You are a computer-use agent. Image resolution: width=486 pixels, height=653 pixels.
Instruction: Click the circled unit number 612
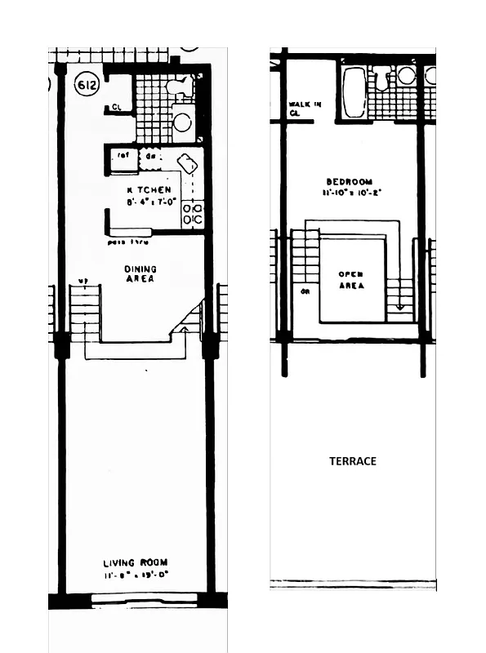pyautogui.click(x=85, y=84)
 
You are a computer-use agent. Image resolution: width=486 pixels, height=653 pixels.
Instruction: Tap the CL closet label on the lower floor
pyautogui.click(x=116, y=107)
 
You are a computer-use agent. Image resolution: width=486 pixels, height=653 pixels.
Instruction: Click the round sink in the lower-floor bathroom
pyautogui.click(x=182, y=122)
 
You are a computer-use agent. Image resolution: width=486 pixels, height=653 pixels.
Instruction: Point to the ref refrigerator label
pyautogui.click(x=124, y=155)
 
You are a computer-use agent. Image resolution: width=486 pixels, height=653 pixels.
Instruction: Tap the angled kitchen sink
pyautogui.click(x=187, y=163)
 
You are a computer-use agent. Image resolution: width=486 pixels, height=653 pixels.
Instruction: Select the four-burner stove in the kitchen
pyautogui.click(x=192, y=214)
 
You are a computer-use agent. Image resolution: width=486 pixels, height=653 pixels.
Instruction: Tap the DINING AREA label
pyautogui.click(x=140, y=273)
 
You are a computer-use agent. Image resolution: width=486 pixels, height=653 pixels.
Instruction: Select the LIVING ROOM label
pyautogui.click(x=136, y=563)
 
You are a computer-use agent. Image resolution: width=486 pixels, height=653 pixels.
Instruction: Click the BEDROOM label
pyautogui.click(x=349, y=181)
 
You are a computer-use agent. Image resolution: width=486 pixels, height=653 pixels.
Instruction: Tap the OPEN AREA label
pyautogui.click(x=351, y=280)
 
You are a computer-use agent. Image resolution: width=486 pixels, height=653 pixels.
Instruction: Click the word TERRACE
pyautogui.click(x=353, y=461)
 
